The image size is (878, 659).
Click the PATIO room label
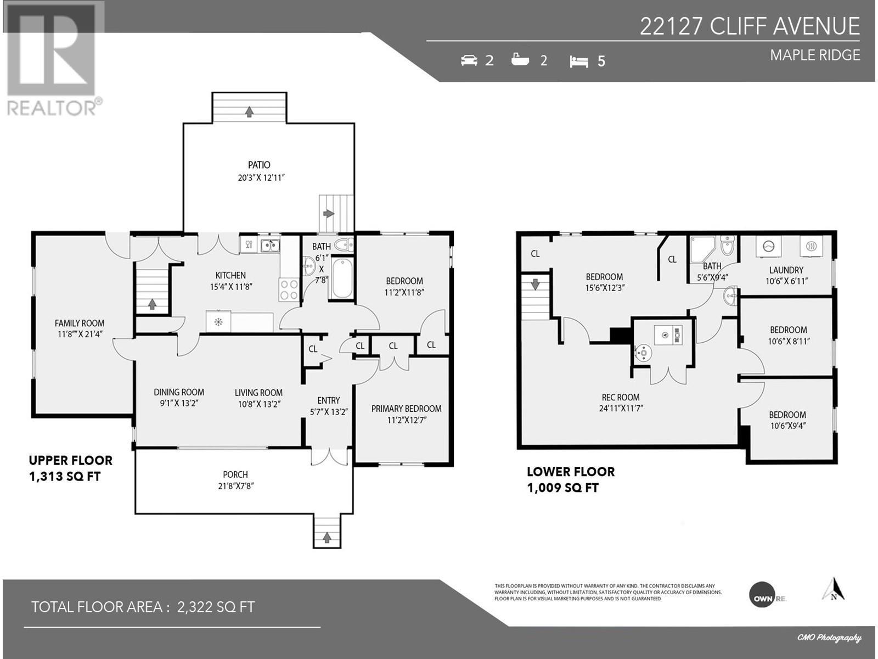coord(259,165)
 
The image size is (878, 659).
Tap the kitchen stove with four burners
coord(289,290)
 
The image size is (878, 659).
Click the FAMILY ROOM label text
coord(80,323)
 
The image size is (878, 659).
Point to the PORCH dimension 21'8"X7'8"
coord(235,486)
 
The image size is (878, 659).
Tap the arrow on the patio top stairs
coord(249,111)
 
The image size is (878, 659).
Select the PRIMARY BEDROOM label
coord(406,409)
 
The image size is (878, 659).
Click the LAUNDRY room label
coord(786,270)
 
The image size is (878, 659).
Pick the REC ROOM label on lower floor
coord(621,397)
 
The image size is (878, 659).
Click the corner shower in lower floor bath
coord(702,250)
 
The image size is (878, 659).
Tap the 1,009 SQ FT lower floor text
coord(562,488)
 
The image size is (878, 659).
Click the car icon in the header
coord(469,60)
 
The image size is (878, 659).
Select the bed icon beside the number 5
coord(579,62)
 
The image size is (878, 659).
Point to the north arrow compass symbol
coord(834,590)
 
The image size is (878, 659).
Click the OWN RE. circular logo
coord(763,595)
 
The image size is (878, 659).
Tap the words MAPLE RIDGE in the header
coord(814,55)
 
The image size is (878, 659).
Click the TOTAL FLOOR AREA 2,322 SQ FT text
coord(143,607)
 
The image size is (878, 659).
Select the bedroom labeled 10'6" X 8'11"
coord(788,335)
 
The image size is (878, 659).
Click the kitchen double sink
coord(269,245)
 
